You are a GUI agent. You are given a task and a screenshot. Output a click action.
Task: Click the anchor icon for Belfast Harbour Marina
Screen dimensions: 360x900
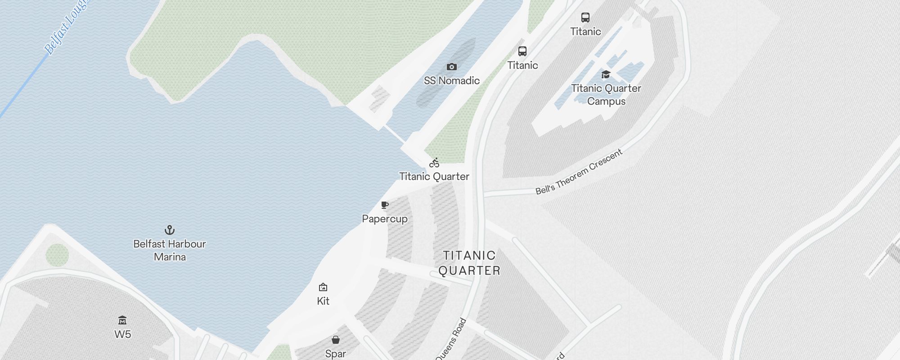pyautogui.click(x=170, y=230)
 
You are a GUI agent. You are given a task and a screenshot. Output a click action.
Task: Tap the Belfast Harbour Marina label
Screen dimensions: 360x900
pyautogui.click(x=170, y=250)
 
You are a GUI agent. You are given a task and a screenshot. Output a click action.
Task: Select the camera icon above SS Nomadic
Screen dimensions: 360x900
pyautogui.click(x=452, y=67)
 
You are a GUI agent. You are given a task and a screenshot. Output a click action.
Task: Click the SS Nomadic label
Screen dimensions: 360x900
pyautogui.click(x=452, y=81)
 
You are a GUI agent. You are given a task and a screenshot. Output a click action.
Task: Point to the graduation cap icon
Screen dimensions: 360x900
pyautogui.click(x=606, y=75)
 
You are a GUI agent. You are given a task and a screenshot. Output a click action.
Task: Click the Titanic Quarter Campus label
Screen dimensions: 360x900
pyautogui.click(x=606, y=94)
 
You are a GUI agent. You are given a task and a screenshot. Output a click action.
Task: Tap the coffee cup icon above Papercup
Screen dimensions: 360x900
pyautogui.click(x=385, y=205)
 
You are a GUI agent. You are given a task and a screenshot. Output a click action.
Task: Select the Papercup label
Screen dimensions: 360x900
pyautogui.click(x=385, y=219)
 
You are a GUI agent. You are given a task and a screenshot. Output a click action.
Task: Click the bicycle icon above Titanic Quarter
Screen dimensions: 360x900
pyautogui.click(x=434, y=163)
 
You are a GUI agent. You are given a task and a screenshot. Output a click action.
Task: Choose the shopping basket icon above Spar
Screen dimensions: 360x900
pyautogui.click(x=336, y=340)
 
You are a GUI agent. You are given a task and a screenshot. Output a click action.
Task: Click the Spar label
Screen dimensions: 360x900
pyautogui.click(x=336, y=354)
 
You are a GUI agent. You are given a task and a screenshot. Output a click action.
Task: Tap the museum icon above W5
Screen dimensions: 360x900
pyautogui.click(x=122, y=320)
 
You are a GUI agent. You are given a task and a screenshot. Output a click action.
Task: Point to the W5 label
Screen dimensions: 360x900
pyautogui.click(x=122, y=334)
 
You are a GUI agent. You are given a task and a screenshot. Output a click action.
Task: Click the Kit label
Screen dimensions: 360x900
pyautogui.click(x=323, y=301)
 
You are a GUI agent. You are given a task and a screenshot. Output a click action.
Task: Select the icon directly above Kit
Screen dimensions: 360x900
pyautogui.click(x=323, y=287)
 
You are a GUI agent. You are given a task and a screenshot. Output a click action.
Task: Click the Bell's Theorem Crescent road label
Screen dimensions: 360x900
pyautogui.click(x=579, y=172)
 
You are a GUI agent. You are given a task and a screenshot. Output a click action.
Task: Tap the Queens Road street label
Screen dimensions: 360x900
pyautogui.click(x=451, y=340)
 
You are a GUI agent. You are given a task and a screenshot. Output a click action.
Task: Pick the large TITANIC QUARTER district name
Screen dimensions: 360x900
pyautogui.click(x=469, y=263)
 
